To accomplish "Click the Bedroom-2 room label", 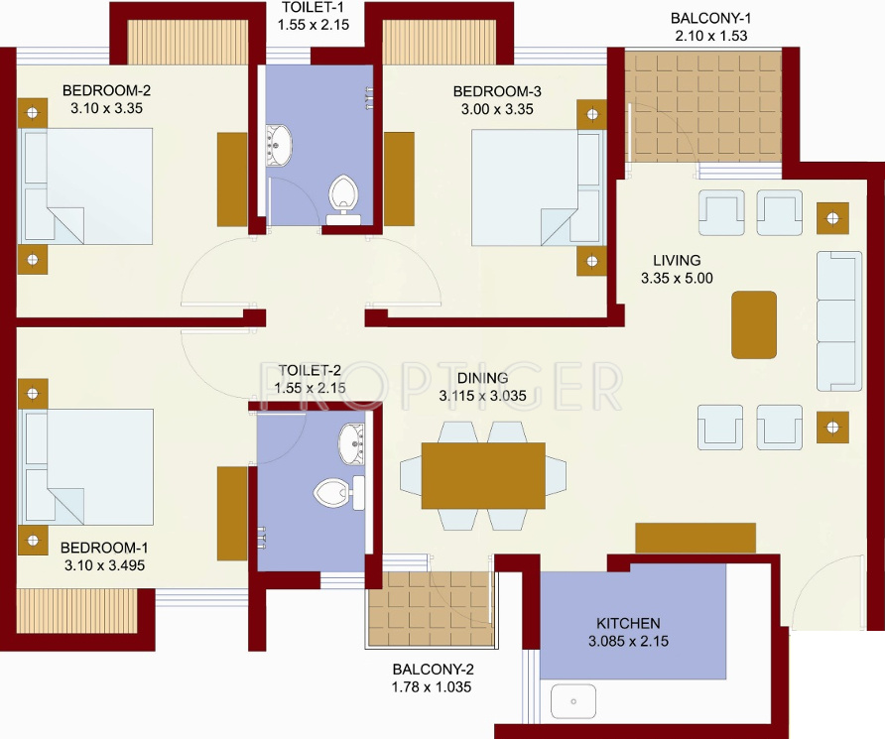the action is [x=107, y=90].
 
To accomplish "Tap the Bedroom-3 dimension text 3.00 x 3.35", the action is [x=497, y=109].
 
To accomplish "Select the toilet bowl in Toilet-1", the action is [x=343, y=199].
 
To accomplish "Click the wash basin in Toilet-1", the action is [x=279, y=146].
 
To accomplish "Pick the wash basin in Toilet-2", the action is [x=351, y=444].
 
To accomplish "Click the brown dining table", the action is [x=483, y=475].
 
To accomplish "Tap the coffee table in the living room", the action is [x=753, y=325].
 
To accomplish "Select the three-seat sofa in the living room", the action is [x=839, y=321].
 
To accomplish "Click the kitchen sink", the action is [x=573, y=701].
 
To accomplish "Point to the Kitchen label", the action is [x=628, y=623].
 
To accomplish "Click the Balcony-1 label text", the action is [x=710, y=18].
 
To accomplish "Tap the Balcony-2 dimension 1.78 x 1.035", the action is [x=432, y=687].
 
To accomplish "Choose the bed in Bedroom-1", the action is [x=85, y=467].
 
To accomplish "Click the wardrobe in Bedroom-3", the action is [x=399, y=180].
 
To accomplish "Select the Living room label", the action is [x=677, y=261].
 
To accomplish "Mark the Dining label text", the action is [x=482, y=378].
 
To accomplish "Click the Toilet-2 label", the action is [x=310, y=371].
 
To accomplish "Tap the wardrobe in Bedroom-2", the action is [x=232, y=180].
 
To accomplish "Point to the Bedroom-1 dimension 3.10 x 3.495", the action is [x=104, y=565].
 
